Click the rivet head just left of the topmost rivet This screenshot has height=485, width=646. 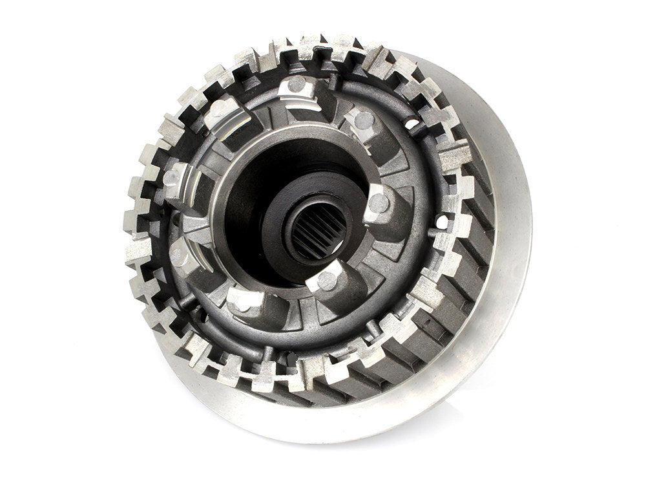point(220,107)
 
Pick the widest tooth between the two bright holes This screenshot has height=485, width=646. point(455,155)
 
